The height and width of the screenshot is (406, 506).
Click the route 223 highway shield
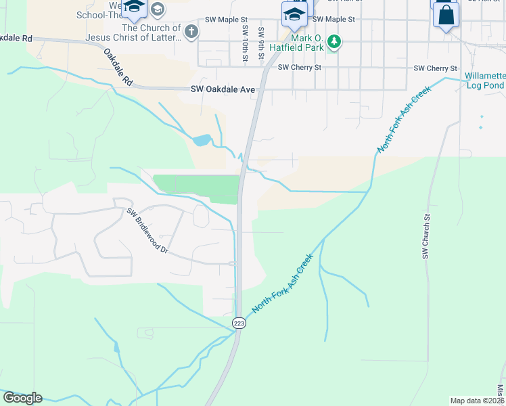(x=239, y=323)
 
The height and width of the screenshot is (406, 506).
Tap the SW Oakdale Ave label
(x=223, y=89)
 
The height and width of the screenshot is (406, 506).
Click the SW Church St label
(x=425, y=237)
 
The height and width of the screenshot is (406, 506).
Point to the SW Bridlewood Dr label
(x=147, y=230)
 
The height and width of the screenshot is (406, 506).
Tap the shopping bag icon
(x=446, y=15)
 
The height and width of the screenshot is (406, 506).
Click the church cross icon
(x=191, y=31)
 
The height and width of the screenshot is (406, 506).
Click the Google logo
(x=22, y=398)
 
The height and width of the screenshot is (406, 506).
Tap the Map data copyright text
(x=477, y=401)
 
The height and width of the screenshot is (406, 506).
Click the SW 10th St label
(x=244, y=43)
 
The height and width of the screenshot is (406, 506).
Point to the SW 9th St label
(x=260, y=43)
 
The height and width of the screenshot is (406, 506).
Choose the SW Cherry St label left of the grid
(x=299, y=68)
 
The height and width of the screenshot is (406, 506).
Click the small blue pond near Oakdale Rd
(x=202, y=141)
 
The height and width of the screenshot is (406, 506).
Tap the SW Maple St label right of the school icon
(x=334, y=20)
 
